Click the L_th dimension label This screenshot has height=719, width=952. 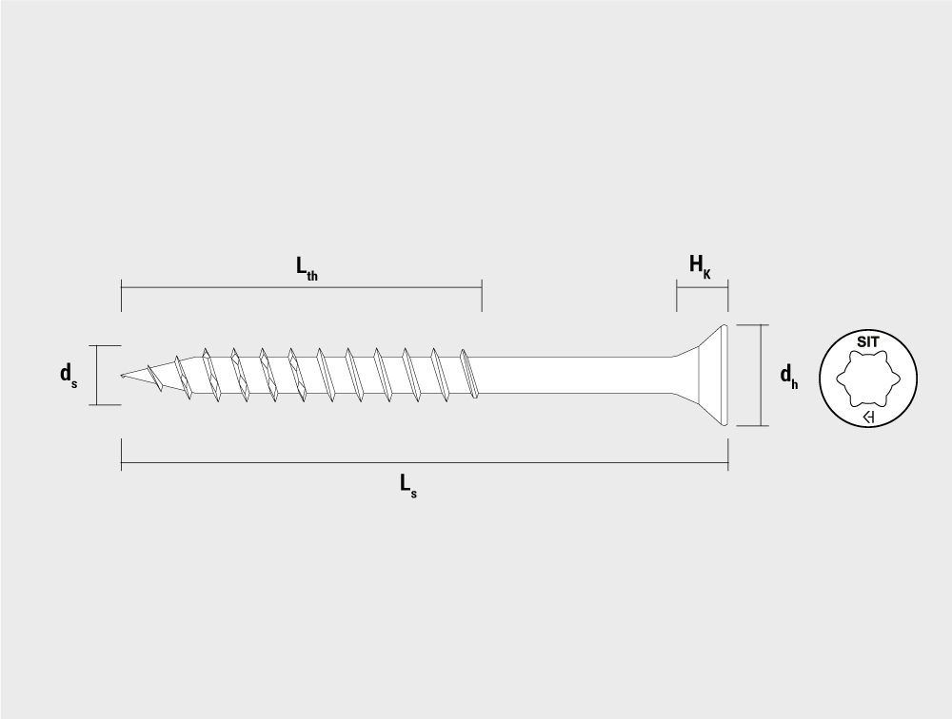click(307, 267)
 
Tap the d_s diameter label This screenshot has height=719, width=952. click(68, 375)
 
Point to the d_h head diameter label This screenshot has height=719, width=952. click(788, 376)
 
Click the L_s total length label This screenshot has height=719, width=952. click(408, 485)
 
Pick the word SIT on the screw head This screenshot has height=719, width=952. click(867, 341)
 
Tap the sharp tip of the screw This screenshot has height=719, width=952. click(122, 376)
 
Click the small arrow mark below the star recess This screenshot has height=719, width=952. click(868, 418)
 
